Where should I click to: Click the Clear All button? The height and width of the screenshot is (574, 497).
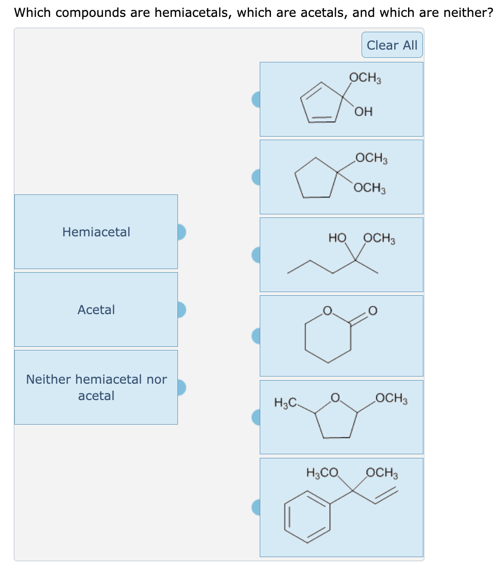point(392,45)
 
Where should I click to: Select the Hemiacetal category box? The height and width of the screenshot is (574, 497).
point(96,232)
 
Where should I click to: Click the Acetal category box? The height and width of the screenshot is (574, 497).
point(96,310)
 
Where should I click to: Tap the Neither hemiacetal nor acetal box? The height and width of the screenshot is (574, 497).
point(96,387)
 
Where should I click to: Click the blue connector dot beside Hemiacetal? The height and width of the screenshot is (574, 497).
point(180,232)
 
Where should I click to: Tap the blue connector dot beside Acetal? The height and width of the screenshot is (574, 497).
point(180,310)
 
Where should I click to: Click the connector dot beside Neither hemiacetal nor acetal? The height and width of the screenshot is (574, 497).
point(180,387)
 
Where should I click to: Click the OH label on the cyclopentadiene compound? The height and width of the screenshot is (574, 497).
point(364,112)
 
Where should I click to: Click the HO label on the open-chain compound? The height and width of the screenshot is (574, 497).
point(337,238)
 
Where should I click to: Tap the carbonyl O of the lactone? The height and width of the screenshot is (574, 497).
point(373,311)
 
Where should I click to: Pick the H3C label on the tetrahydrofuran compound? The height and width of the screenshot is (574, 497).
point(284,403)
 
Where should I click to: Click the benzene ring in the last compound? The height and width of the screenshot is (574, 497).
point(307,516)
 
